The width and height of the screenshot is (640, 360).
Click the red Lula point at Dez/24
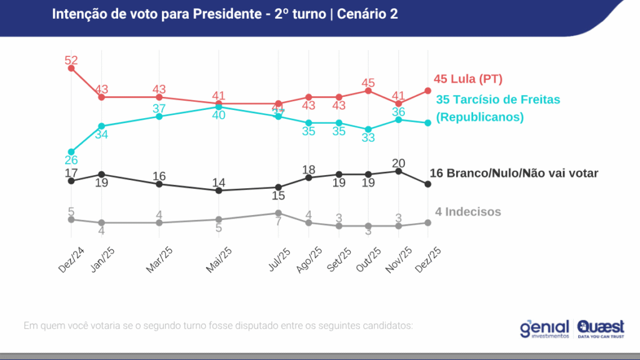(71, 68)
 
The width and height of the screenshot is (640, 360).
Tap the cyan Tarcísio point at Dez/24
(71, 152)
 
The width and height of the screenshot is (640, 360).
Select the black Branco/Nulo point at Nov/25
(398, 171)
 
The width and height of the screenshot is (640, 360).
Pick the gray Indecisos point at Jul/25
(279, 213)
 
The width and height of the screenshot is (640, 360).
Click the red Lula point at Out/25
(368, 91)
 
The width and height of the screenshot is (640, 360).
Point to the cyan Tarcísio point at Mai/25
(218, 107)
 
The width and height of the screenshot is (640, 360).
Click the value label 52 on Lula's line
(71, 60)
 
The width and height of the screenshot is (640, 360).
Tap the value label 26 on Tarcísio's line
(71, 161)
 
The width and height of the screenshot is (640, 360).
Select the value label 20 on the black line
(398, 162)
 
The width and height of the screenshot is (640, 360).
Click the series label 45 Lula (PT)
(468, 79)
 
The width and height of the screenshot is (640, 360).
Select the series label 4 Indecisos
(468, 212)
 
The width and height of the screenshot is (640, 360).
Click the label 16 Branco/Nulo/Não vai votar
(514, 173)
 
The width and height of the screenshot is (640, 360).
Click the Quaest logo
(601, 329)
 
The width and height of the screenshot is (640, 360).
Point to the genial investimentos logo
(544, 329)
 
